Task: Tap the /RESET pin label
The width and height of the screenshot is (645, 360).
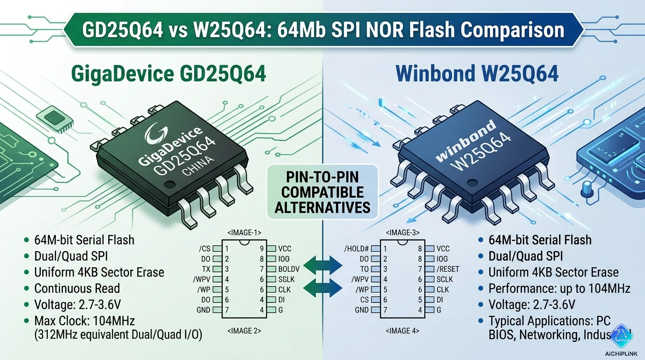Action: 448,269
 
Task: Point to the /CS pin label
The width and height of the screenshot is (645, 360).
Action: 205,249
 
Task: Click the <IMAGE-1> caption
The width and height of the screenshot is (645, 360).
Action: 244,232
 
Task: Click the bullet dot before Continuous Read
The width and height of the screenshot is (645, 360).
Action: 26,289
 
